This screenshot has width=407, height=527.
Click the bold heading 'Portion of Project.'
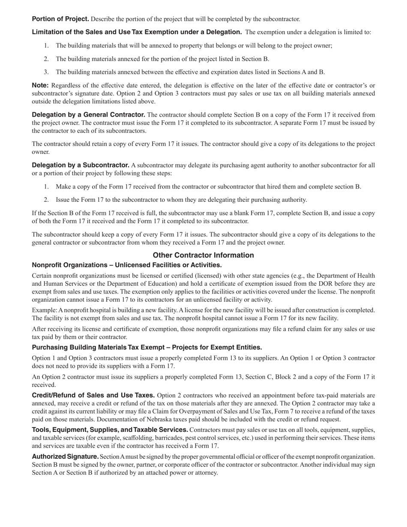[x=60, y=19]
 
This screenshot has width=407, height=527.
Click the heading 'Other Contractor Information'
[x=203, y=255]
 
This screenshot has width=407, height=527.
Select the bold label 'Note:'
[x=40, y=85]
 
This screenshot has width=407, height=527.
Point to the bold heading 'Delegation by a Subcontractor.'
[x=81, y=165]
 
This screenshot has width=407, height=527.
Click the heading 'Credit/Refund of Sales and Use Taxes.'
[x=93, y=395]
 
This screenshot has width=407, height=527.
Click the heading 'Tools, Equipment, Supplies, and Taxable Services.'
[x=110, y=430]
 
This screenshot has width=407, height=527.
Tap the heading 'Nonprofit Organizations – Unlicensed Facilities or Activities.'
[x=127, y=265]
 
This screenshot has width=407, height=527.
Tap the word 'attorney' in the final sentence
[x=206, y=473]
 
